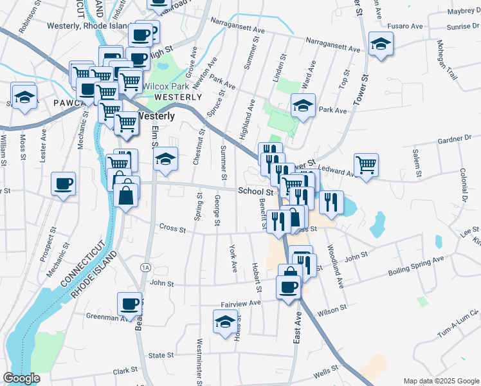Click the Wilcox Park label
pos(165,86)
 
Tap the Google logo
pos(21,378)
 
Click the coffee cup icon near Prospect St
pos(64,185)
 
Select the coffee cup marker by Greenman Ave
pos(129,304)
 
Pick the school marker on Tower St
pos(381,44)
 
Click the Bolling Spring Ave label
pos(416,266)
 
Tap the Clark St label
pos(125,371)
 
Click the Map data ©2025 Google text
pos(440,381)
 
